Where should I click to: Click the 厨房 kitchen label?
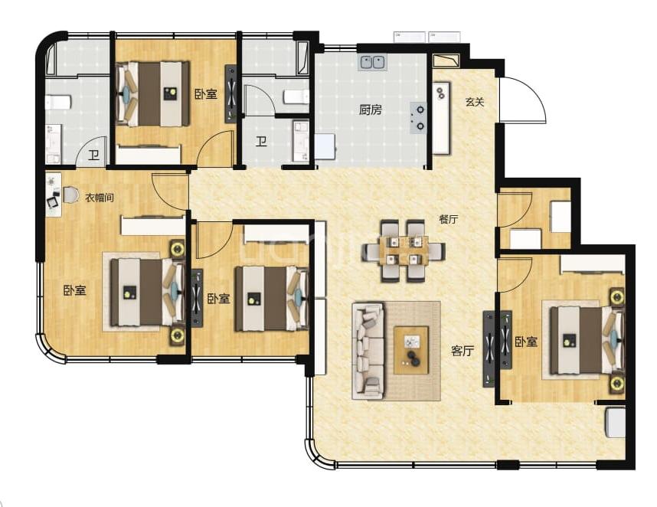pos(371,110)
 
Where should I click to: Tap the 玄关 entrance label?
pos(475,102)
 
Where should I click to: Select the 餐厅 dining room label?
pos(448,219)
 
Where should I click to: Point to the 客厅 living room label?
pos(463,351)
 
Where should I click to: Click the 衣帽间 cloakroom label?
pos(100,198)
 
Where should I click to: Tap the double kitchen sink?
pos(372,63)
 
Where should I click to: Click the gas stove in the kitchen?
pos(419,118)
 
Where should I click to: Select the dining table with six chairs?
pos(404,251)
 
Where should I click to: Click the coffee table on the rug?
pos(411,350)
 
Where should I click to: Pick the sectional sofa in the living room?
pos(368,350)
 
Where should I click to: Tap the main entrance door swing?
pos(523,100)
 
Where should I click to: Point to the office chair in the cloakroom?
pos(70,195)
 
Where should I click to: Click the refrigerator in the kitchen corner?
pos(325,146)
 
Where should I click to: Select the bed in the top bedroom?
pos(152,94)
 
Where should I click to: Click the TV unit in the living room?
pos(489,348)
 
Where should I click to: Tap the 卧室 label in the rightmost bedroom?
pos(526,342)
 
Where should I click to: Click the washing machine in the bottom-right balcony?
pos(615,424)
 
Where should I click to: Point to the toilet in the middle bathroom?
pos(296,96)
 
